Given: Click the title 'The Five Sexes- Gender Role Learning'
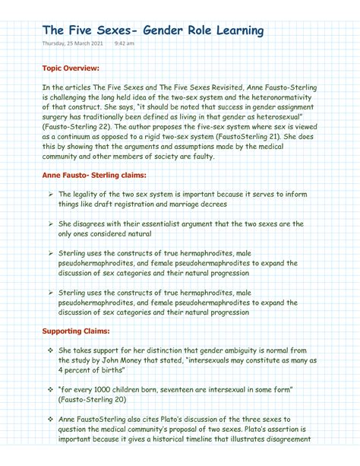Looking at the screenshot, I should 153,30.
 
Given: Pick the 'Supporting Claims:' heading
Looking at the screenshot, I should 76,331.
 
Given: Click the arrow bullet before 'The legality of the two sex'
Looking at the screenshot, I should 48,194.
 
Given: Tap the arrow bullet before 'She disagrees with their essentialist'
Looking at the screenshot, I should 48,224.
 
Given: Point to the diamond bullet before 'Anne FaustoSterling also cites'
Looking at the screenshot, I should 48,419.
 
